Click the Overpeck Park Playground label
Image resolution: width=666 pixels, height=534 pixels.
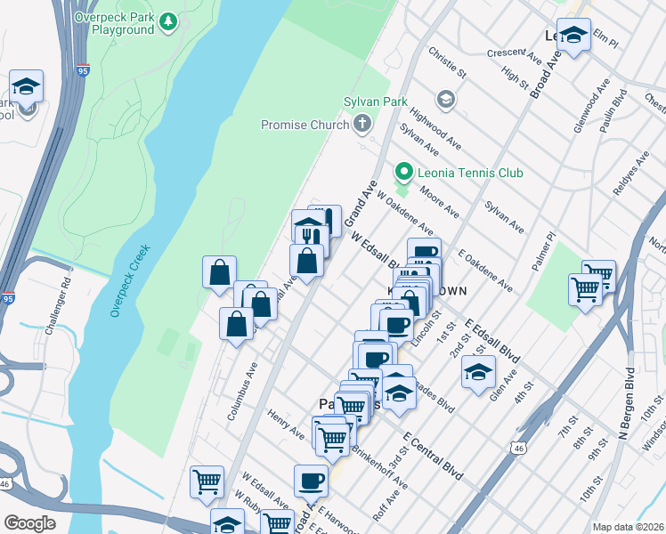(115, 22)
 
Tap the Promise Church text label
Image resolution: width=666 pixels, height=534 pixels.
(305, 125)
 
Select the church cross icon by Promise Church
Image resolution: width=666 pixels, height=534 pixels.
(362, 124)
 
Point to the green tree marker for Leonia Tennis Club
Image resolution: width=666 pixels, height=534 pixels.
(404, 172)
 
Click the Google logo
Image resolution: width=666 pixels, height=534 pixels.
(29, 522)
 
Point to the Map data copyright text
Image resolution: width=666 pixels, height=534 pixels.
(627, 526)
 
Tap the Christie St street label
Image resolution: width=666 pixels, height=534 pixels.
(447, 61)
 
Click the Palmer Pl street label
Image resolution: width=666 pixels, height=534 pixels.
(544, 249)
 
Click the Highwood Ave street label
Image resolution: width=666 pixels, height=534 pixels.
(435, 129)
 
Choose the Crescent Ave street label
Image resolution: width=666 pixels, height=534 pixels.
(514, 55)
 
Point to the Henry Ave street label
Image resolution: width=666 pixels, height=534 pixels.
(286, 424)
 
